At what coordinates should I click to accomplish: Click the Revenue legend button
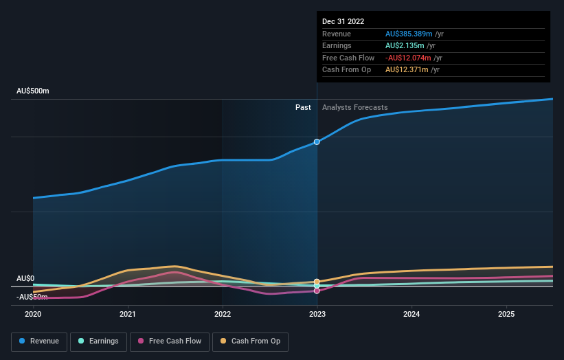coord(39,341)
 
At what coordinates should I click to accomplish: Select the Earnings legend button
coord(98,341)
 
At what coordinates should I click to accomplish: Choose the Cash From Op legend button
coord(251,341)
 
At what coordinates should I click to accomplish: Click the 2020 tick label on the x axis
coord(33,314)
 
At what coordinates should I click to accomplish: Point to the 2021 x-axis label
coord(127,314)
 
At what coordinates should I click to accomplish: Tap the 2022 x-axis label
coord(222,314)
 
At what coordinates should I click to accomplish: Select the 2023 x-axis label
coord(317,314)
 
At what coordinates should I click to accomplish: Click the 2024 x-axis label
coord(411,314)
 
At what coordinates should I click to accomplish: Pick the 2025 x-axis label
coord(506,314)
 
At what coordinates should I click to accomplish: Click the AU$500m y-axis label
coord(33,91)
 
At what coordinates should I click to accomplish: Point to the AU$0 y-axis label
coord(25,278)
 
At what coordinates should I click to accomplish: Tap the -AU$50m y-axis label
coord(32,297)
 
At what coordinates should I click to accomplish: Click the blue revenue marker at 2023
coord(317,142)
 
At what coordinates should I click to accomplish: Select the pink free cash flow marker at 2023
coord(317,291)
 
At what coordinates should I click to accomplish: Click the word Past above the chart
coord(303,107)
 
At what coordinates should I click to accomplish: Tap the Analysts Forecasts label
coord(354,107)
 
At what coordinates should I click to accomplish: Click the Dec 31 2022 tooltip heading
coord(343,21)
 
